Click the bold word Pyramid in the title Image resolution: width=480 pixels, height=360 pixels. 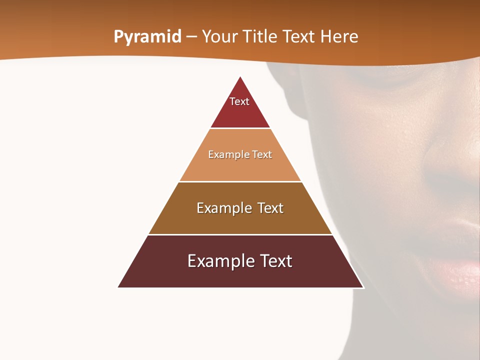(147, 37)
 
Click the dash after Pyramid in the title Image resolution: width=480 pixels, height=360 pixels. (191, 37)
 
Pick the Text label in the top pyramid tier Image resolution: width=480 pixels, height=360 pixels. (239, 101)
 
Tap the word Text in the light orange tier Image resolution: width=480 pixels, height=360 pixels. (262, 154)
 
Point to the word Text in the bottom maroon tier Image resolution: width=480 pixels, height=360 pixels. (275, 261)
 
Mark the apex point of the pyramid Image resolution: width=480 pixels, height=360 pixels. (240, 76)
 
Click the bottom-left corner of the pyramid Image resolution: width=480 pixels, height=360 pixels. (118, 287)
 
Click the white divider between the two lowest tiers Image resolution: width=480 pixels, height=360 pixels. (240, 234)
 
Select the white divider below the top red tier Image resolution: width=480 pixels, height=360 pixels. (240, 128)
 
